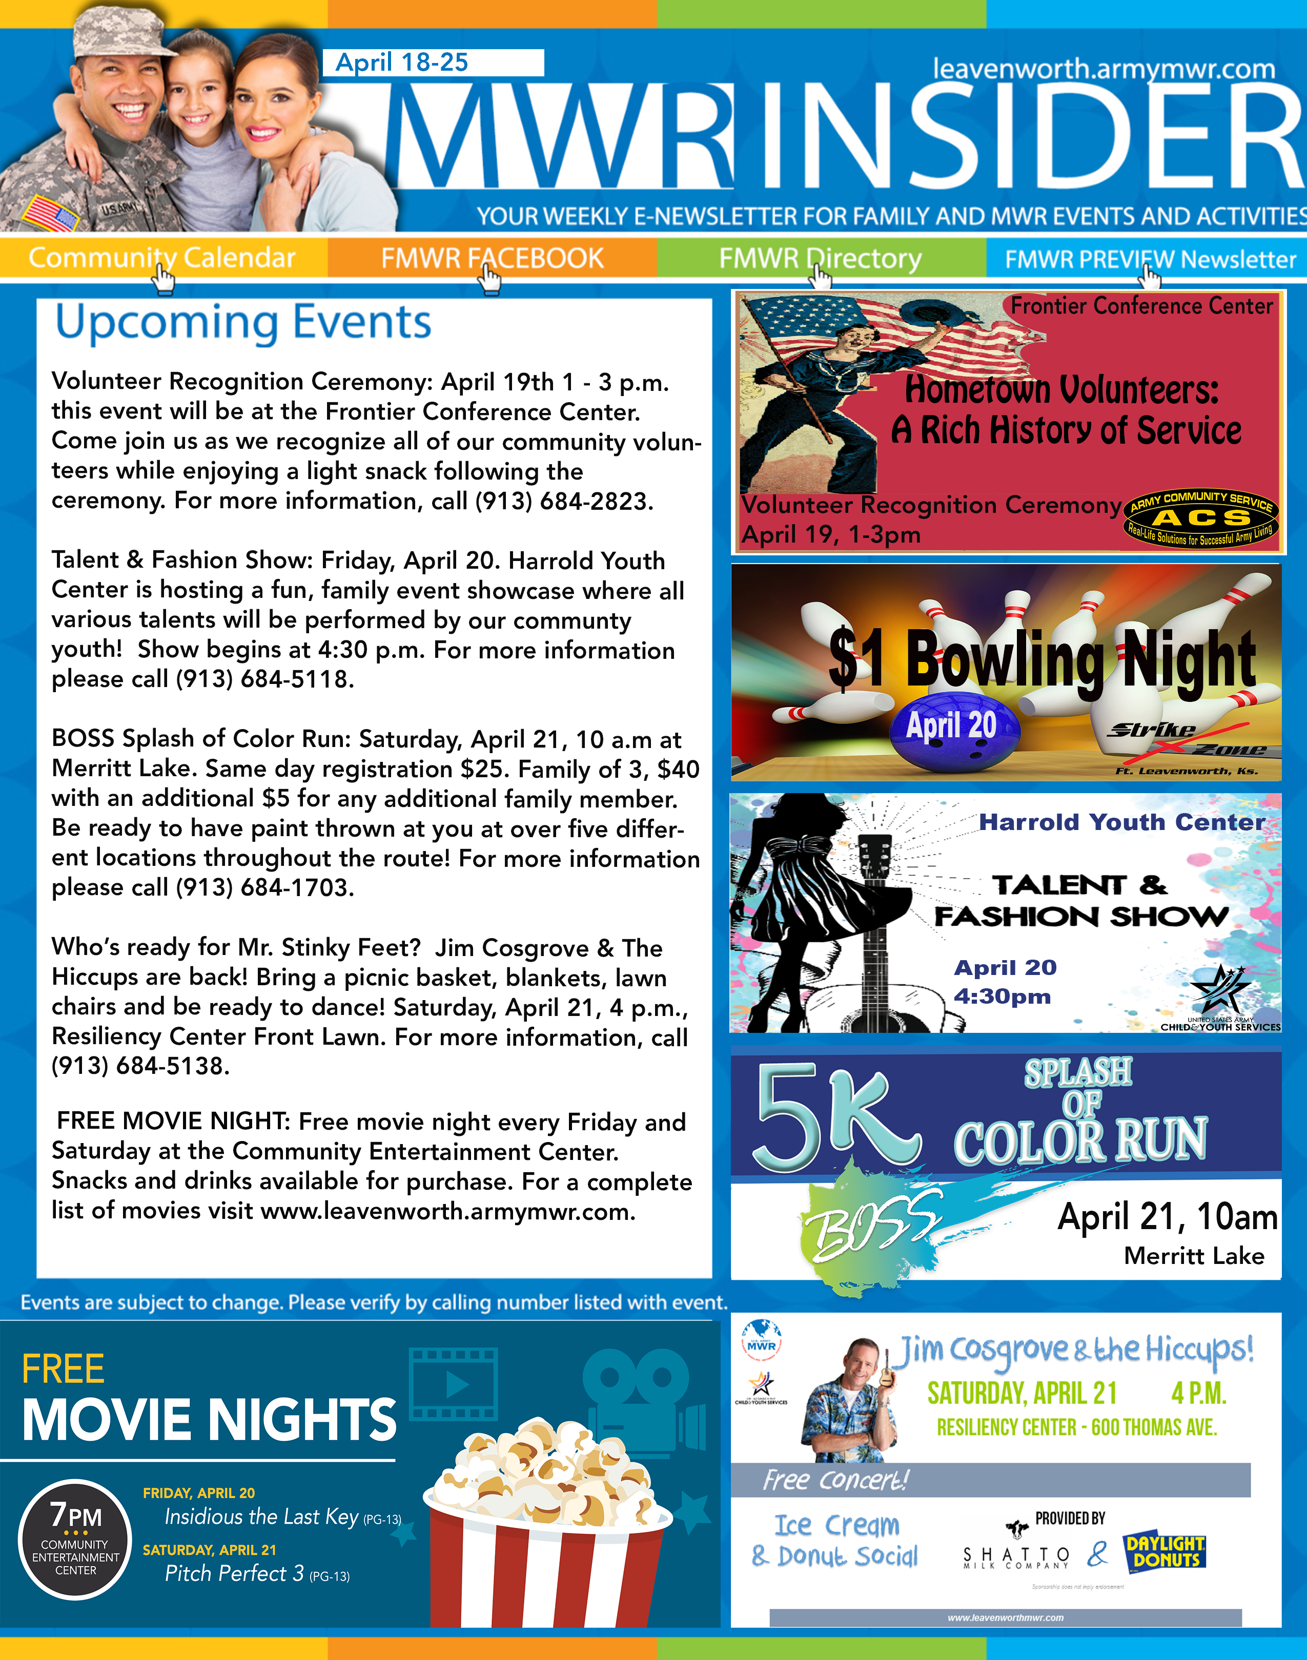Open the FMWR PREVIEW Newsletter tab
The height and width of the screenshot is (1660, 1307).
point(1150,259)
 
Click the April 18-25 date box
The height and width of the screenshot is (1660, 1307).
point(433,63)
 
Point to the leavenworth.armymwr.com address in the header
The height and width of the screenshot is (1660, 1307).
point(1104,69)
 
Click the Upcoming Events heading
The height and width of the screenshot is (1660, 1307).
point(243,323)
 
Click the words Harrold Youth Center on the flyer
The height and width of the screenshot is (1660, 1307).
point(1122,822)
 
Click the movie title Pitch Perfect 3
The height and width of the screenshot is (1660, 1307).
point(234,1573)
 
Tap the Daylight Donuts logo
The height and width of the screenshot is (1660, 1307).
point(1165,1552)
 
